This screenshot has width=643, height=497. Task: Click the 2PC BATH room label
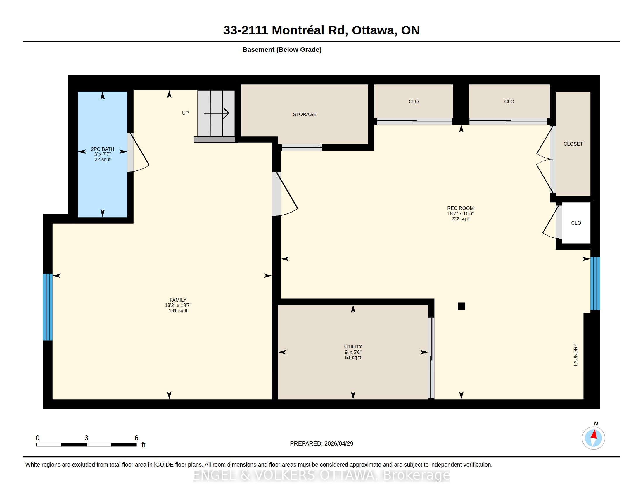[103, 149]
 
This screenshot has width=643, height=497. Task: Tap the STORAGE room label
[305, 114]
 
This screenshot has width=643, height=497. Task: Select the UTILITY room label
[353, 347]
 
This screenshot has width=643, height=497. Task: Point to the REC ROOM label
[460, 208]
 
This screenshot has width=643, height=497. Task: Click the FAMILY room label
[178, 300]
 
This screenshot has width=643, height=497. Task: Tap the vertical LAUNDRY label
[575, 355]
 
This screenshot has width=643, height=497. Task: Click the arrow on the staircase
[216, 113]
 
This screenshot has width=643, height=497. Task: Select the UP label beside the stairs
[185, 113]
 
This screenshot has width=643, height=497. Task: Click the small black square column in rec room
[461, 306]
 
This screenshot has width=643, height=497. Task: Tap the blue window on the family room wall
[48, 307]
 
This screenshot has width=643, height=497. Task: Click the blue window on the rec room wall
[595, 284]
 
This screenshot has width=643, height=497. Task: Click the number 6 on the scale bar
[136, 438]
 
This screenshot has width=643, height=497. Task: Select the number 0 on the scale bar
[37, 438]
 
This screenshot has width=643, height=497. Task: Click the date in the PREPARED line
[338, 443]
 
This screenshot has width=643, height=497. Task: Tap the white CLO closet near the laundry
[576, 223]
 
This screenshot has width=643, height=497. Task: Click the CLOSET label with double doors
[573, 144]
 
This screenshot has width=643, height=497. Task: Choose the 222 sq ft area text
[460, 219]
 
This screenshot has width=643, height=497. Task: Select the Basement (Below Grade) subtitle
[282, 49]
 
